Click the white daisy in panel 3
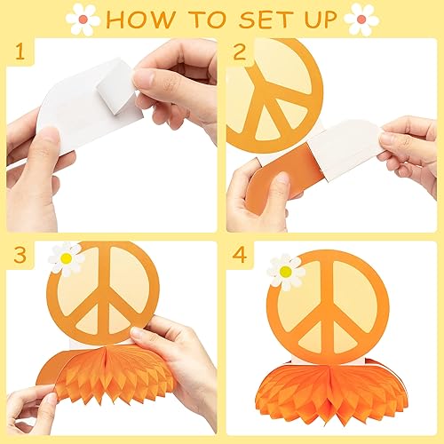tap(66, 258)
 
